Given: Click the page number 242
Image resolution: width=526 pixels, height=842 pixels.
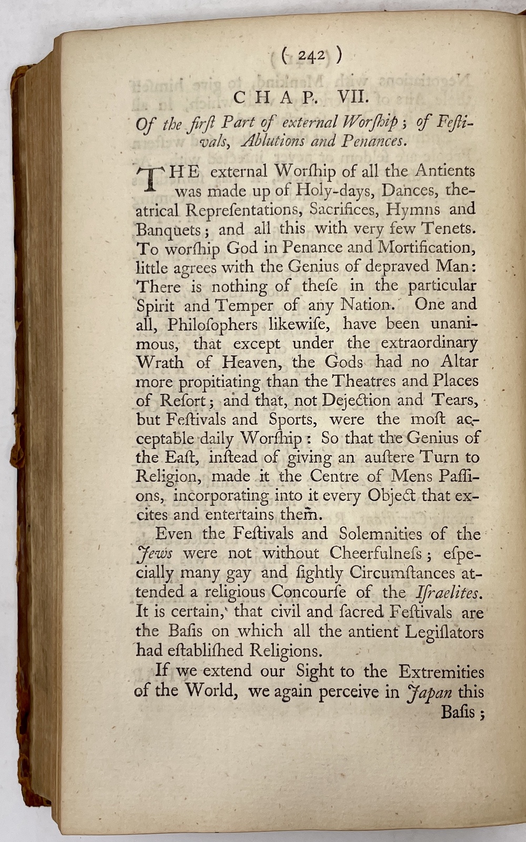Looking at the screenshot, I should [x=311, y=56].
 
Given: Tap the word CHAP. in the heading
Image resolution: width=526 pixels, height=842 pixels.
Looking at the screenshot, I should [x=275, y=97].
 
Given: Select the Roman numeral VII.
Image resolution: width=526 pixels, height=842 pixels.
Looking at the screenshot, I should [x=342, y=97].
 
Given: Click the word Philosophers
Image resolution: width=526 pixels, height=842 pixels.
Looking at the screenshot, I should [x=213, y=324].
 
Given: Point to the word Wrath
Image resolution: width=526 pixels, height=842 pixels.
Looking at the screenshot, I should [x=160, y=362].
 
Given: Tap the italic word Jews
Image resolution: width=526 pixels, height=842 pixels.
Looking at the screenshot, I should [x=153, y=554].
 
